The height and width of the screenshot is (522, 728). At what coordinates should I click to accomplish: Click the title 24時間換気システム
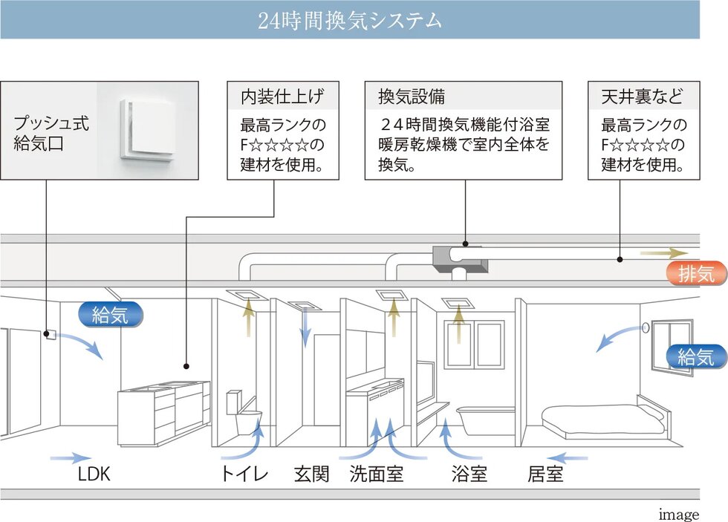(349, 20)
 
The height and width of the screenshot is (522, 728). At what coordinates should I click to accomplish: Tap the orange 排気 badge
(695, 273)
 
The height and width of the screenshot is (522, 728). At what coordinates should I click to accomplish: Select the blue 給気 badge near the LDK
(110, 315)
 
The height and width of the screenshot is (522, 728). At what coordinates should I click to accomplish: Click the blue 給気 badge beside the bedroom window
(695, 357)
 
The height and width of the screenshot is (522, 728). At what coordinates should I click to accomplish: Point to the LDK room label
(94, 474)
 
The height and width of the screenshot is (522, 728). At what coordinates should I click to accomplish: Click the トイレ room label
(244, 474)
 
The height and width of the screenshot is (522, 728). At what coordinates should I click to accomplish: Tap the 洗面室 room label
(377, 474)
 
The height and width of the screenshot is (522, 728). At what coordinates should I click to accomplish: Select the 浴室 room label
(469, 474)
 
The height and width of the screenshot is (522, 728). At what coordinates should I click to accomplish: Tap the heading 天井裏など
(640, 97)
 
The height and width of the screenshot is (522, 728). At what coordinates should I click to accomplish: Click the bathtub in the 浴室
(485, 420)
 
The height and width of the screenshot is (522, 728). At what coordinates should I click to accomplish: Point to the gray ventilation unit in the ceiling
(459, 257)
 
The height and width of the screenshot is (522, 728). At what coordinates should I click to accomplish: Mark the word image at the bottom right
(678, 515)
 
